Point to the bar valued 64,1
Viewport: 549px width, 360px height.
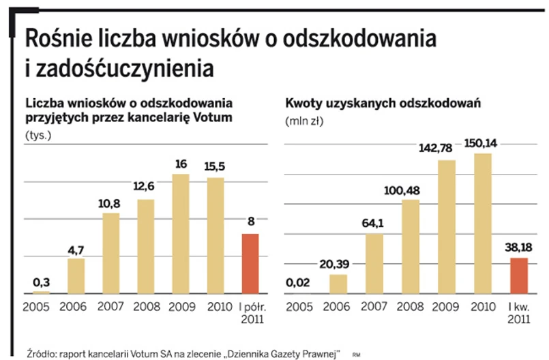point(374,263)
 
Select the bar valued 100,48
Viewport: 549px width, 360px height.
point(411,245)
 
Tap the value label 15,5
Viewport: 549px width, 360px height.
point(215,165)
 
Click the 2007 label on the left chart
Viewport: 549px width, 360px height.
point(110,306)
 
